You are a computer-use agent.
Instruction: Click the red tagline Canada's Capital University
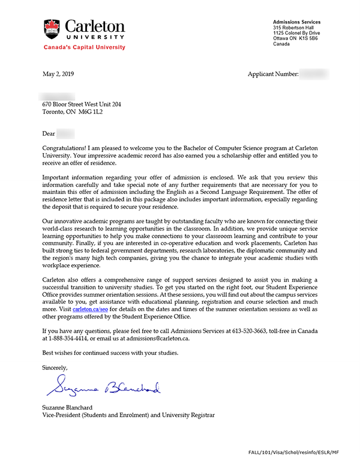84,47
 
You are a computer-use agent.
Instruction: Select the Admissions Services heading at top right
296,22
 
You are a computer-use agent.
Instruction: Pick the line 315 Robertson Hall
295,27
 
